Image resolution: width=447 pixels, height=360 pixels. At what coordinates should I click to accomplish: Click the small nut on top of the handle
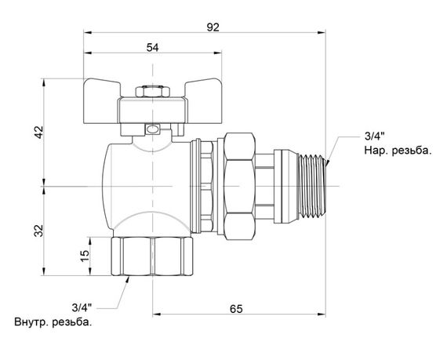tap(151, 92)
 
